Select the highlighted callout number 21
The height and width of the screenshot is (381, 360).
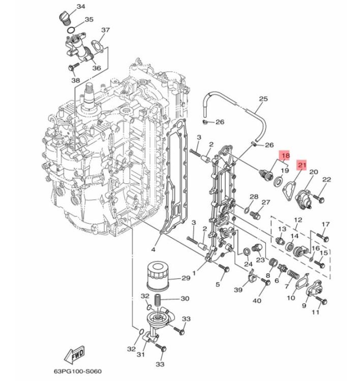pyautogui.click(x=302, y=165)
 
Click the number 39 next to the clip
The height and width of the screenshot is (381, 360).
pyautogui.click(x=238, y=289)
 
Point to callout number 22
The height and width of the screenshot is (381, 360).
pyautogui.click(x=326, y=179)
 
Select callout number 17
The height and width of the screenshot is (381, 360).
pyautogui.click(x=326, y=225)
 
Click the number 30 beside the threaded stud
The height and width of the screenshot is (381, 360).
pyautogui.click(x=185, y=299)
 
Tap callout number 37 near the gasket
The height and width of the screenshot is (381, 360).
pyautogui.click(x=105, y=30)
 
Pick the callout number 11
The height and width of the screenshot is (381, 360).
pyautogui.click(x=315, y=312)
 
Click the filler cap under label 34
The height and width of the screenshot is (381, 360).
pyautogui.click(x=63, y=15)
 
